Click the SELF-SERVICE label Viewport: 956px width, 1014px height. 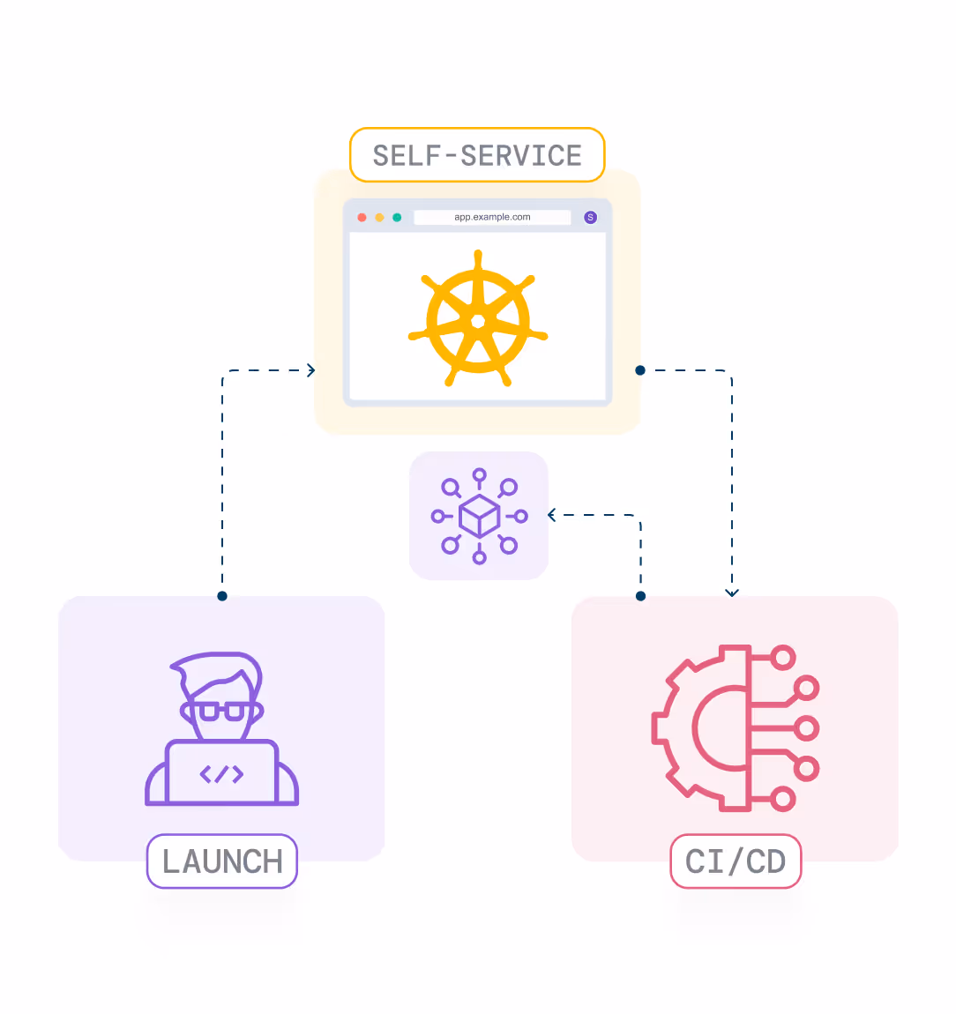(x=477, y=155)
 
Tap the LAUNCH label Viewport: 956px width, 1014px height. (x=222, y=861)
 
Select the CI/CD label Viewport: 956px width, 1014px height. (x=736, y=861)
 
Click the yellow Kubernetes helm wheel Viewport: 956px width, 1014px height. (x=478, y=320)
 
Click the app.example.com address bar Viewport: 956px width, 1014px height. (x=492, y=217)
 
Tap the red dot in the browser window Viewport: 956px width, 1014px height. (x=362, y=217)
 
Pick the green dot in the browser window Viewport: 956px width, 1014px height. (x=397, y=217)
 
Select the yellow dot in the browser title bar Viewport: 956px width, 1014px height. (x=379, y=217)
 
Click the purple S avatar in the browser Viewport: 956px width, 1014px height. (x=591, y=217)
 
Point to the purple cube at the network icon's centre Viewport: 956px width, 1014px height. (x=480, y=516)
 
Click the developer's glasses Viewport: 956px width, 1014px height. (x=221, y=711)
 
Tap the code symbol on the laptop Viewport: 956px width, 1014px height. (x=221, y=774)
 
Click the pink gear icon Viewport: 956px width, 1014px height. (x=701, y=728)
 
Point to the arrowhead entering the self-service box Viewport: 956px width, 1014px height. (x=310, y=370)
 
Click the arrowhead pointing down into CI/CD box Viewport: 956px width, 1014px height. (x=732, y=593)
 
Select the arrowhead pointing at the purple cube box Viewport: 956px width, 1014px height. (x=552, y=515)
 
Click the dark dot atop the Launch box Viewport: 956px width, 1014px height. (x=222, y=596)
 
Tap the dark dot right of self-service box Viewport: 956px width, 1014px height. (x=640, y=370)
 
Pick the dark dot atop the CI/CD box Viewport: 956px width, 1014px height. (x=641, y=596)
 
